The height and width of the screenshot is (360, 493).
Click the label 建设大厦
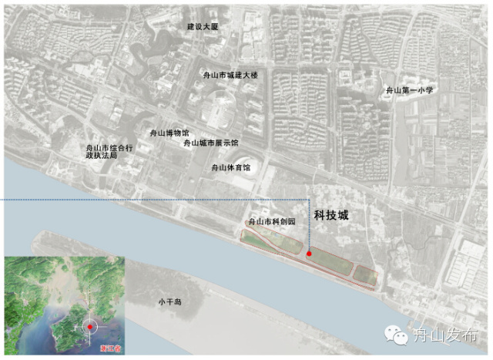(203, 27)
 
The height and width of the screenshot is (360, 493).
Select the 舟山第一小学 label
(409, 90)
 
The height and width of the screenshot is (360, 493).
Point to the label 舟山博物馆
(168, 133)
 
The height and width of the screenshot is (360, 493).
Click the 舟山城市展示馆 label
(210, 143)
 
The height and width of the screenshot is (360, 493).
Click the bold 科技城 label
(331, 215)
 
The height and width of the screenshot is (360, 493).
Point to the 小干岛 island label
(169, 301)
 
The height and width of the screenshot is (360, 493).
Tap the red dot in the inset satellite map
(90, 327)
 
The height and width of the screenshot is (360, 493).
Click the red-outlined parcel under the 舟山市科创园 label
(273, 240)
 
